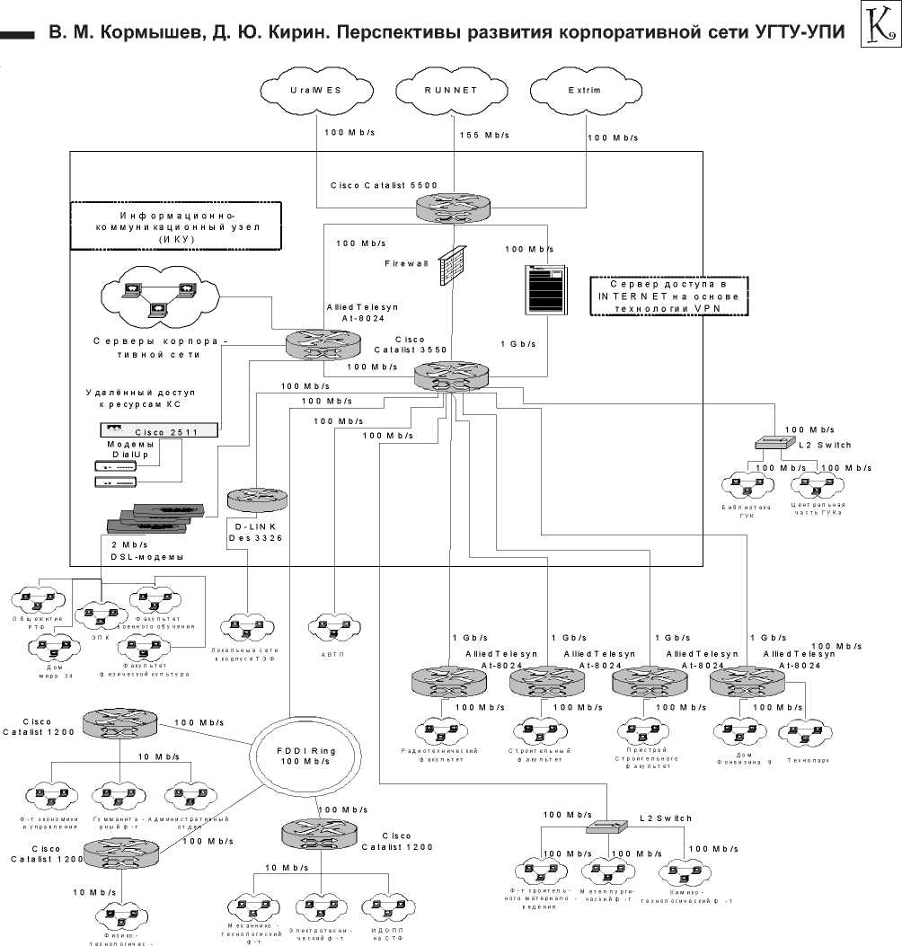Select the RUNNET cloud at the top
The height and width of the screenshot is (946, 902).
pos(452,91)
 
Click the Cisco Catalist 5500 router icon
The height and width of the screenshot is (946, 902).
pos(454,208)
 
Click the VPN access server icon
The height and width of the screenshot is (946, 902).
pos(546,290)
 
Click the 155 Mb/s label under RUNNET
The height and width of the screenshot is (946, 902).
pos(485,135)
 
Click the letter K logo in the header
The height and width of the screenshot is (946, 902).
pos(879,28)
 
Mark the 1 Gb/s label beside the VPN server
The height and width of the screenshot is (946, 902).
pos(517,343)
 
